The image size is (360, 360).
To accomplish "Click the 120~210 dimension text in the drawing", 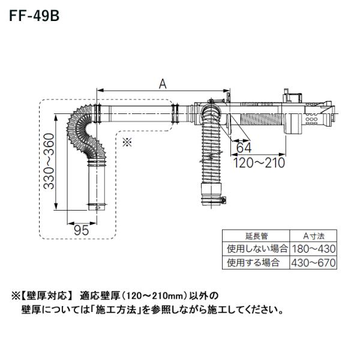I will coord(257,162).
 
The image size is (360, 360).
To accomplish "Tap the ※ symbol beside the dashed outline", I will coord(127,142).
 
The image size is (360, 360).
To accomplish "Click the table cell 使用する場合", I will coord(253,262).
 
